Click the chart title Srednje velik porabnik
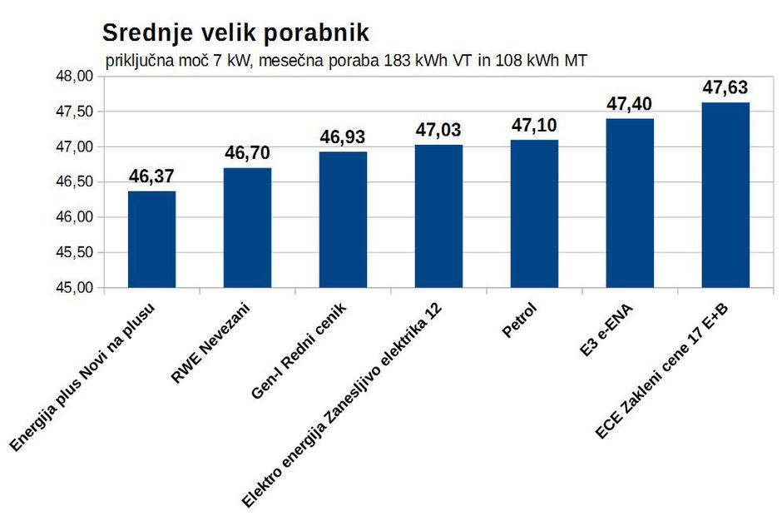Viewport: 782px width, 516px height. [x=235, y=32]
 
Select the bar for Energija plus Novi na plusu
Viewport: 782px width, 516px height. [x=151, y=240]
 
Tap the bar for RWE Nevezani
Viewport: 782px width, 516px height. [x=247, y=228]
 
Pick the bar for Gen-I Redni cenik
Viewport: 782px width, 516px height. [x=343, y=220]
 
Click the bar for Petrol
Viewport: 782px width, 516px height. [x=534, y=214]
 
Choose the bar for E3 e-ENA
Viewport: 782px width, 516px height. [x=630, y=203]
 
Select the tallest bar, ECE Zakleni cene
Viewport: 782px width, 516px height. [x=725, y=195]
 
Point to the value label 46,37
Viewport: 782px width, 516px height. [x=151, y=176]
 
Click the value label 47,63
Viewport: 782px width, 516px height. [x=725, y=88]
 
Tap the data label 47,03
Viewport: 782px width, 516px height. [x=438, y=130]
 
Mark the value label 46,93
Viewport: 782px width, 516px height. [x=343, y=137]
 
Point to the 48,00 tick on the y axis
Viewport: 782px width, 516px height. [x=74, y=77]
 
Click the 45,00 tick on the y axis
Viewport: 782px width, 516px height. [x=74, y=288]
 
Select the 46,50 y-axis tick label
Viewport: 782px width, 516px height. [x=74, y=182]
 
